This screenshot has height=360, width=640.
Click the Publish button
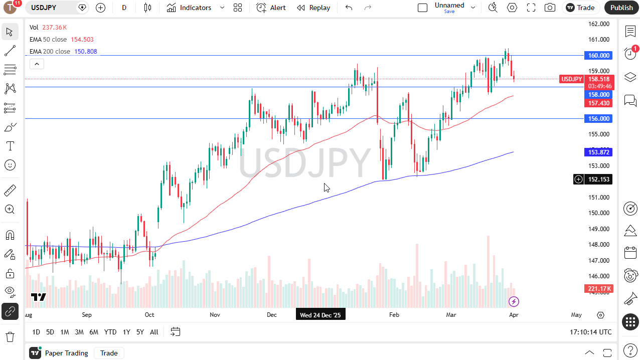(x=621, y=8)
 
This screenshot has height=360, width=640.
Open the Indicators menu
(x=190, y=8)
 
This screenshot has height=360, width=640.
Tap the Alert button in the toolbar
(x=271, y=8)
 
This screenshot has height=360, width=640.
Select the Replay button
(x=313, y=8)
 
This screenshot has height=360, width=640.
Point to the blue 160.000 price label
(x=598, y=56)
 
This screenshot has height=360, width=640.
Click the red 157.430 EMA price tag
(x=598, y=103)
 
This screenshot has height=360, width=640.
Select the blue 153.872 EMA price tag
(x=598, y=152)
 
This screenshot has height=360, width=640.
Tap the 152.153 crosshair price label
(x=598, y=179)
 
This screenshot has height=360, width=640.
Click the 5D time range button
(x=50, y=332)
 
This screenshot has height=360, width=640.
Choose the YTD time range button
(x=110, y=332)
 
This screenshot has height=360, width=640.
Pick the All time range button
(x=154, y=332)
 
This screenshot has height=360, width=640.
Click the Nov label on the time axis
(x=215, y=315)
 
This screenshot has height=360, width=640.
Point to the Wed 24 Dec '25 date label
(x=321, y=315)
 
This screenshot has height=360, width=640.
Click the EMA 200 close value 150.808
(x=85, y=52)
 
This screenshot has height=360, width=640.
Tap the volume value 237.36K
(x=55, y=28)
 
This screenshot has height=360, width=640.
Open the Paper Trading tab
(x=66, y=353)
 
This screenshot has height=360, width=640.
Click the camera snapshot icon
(x=550, y=8)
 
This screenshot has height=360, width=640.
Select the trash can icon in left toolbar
(x=10, y=336)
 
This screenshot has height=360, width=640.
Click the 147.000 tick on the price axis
(x=598, y=260)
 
